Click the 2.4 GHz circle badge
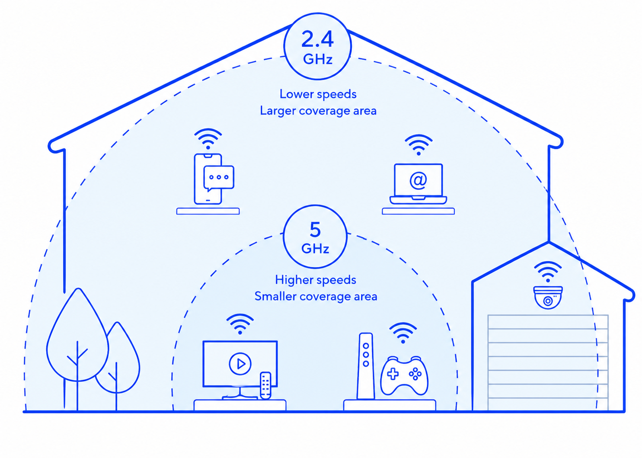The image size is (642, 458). click(x=318, y=46)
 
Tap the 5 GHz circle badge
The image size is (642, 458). click(x=315, y=237)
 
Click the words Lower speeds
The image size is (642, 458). click(x=318, y=94)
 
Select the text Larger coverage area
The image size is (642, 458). click(x=318, y=111)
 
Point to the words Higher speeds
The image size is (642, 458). click(x=316, y=280)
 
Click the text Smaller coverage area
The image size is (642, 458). click(x=316, y=297)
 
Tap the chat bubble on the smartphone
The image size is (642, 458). click(x=219, y=178)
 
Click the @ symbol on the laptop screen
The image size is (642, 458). click(x=418, y=180)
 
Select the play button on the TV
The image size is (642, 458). click(x=240, y=364)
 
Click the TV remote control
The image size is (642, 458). click(x=265, y=385)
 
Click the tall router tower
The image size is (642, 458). click(x=366, y=366)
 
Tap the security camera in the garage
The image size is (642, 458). click(x=548, y=298)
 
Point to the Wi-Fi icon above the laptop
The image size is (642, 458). click(x=418, y=145)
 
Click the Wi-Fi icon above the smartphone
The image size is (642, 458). click(x=208, y=139)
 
